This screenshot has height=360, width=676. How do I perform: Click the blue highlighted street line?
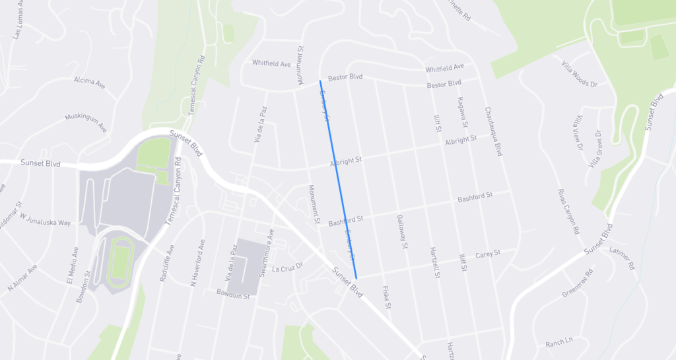pyautogui.click(x=337, y=178)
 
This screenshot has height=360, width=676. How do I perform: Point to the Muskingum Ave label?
pyautogui.click(x=86, y=122)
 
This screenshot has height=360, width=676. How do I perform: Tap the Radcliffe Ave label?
pyautogui.click(x=166, y=264)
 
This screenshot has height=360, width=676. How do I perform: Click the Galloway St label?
pyautogui.click(x=401, y=231)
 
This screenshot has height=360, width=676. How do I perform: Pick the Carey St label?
pyautogui.click(x=488, y=253)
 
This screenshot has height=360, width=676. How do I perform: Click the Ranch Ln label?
pyautogui.click(x=558, y=342)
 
